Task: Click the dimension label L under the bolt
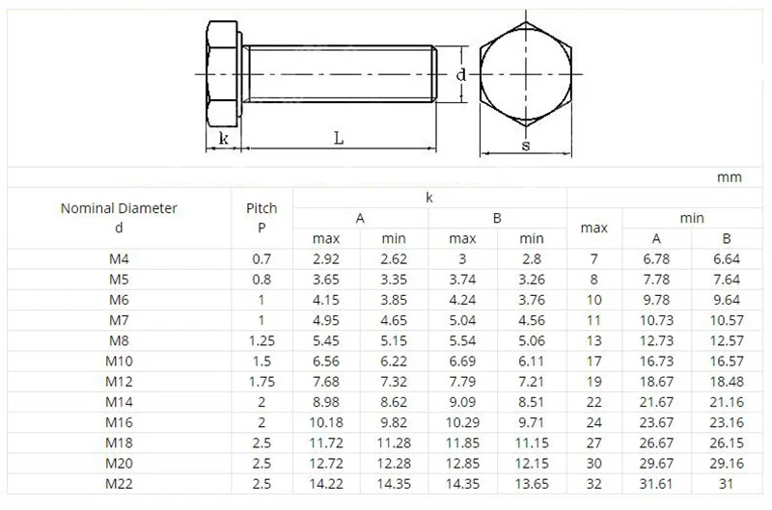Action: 339,137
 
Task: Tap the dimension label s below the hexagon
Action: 525,146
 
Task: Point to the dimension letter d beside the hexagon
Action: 461,75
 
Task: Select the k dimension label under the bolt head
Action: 224,138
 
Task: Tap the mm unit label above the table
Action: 729,177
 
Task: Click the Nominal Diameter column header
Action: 119,217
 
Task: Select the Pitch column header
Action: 262,217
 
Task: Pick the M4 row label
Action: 119,258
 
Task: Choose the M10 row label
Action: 119,360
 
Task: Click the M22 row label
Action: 119,483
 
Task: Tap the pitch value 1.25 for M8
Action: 262,339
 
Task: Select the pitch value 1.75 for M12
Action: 262,380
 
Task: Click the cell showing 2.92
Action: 326,258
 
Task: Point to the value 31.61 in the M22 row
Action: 656,483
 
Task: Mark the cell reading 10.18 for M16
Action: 326,421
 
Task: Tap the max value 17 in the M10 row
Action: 593,360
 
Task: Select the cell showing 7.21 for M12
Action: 532,380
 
